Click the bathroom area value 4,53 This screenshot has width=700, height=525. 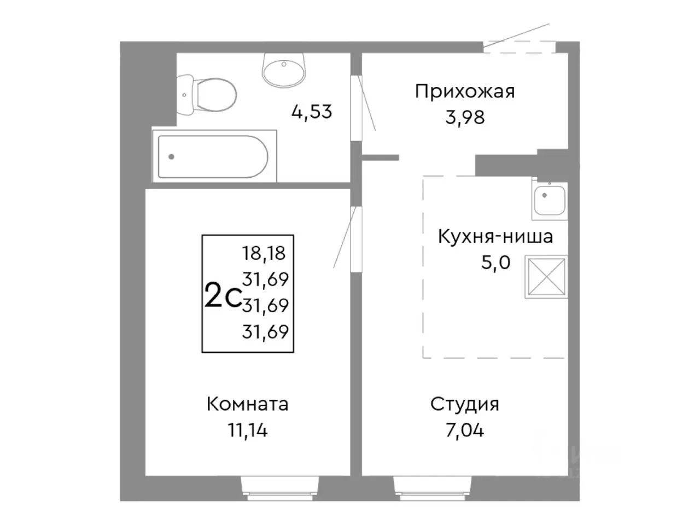pos(312,112)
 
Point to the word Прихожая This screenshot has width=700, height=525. pos(464,91)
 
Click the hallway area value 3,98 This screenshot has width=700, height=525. pos(464,117)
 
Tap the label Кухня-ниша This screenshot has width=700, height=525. pos(495,237)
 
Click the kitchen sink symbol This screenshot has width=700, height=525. pos(550,201)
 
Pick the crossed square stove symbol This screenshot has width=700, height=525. pos(546,277)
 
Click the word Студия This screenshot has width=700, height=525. pos(464,405)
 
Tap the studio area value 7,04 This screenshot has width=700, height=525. pos(464,430)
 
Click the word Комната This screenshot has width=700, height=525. pos(248,405)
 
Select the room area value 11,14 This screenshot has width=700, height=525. pos(248,430)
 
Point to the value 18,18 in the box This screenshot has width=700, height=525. pos(264,253)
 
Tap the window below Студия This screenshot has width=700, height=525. pos(431,488)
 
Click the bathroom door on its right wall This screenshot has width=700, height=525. pos(357,107)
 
